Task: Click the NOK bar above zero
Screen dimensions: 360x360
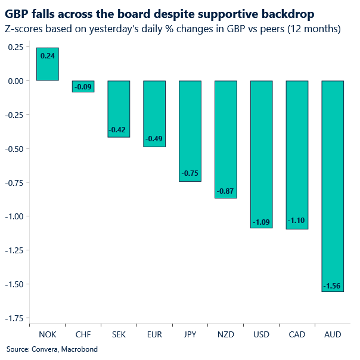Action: click(x=48, y=64)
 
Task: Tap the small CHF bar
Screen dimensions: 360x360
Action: click(x=83, y=86)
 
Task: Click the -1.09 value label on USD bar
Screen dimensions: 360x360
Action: click(x=261, y=222)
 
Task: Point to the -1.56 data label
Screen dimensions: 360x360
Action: click(x=333, y=287)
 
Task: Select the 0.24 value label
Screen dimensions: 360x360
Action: click(x=48, y=55)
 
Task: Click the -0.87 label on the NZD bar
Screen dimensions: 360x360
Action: click(x=226, y=191)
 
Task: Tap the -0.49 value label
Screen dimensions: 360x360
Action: click(x=154, y=140)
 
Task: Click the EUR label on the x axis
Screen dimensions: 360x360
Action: click(x=154, y=334)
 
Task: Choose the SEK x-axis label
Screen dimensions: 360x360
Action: click(x=119, y=334)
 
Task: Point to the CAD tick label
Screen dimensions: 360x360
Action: click(x=297, y=334)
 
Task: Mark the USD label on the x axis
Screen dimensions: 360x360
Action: click(x=261, y=334)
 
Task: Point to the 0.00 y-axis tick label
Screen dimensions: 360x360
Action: click(x=15, y=81)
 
